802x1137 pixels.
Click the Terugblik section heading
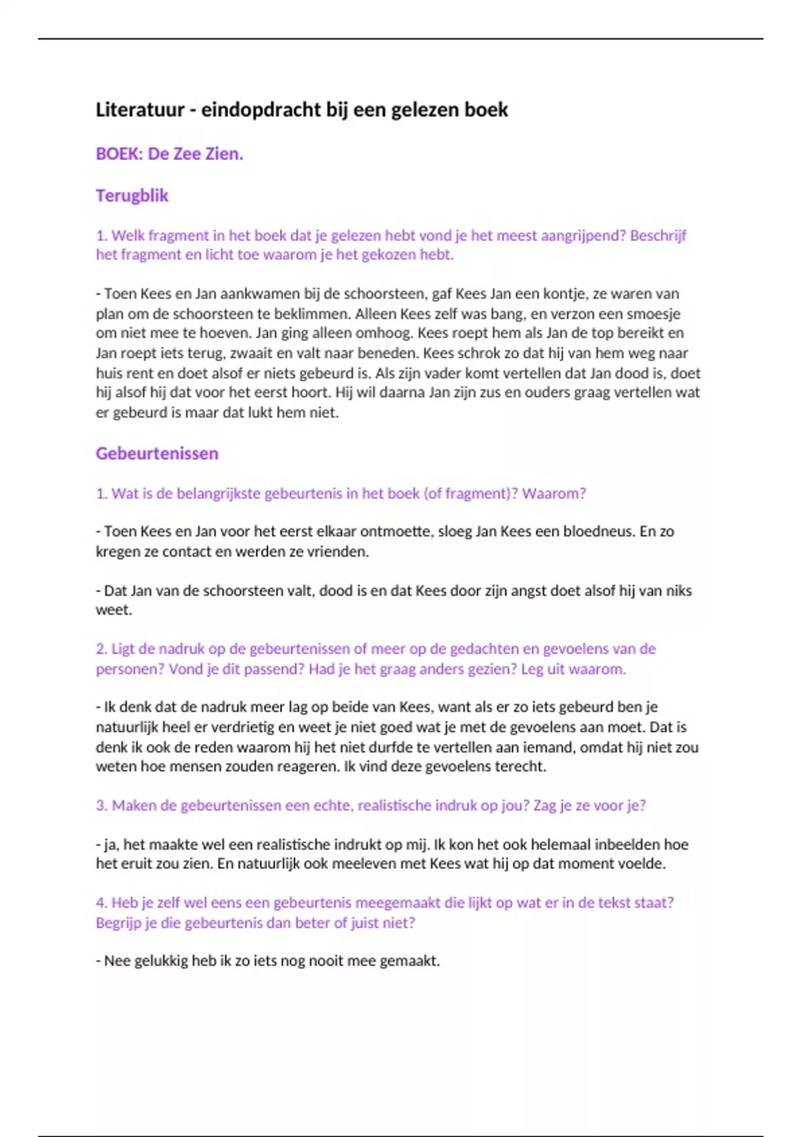click(132, 195)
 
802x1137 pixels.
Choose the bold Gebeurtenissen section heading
click(157, 453)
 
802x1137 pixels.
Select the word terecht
click(520, 766)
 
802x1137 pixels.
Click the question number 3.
click(101, 805)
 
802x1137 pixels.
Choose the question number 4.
click(101, 903)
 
